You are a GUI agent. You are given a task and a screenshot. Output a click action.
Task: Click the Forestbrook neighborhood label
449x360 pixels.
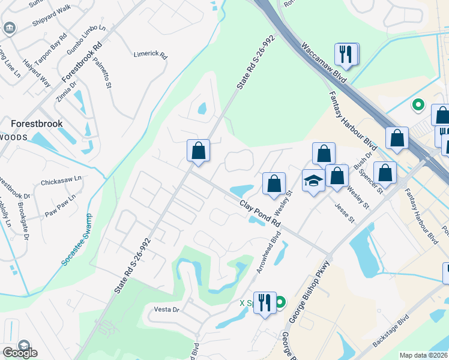37,124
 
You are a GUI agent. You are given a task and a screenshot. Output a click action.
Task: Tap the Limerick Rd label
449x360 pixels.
149,53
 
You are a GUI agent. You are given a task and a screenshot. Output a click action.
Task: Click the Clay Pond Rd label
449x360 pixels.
260,213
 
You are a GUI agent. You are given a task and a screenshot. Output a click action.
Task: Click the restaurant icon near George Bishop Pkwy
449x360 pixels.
265,302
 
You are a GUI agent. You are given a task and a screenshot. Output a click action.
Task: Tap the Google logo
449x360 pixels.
20,353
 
